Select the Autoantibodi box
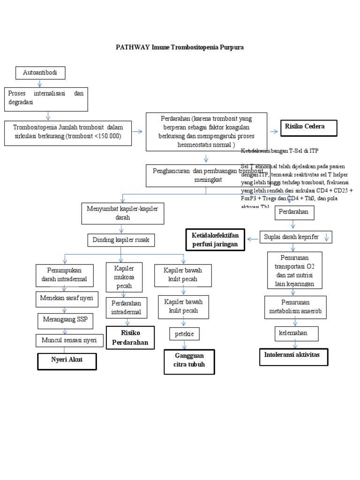click(x=40, y=73)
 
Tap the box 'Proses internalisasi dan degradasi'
click(x=46, y=99)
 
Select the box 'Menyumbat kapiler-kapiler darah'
click(x=122, y=212)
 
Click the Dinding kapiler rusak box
click(x=121, y=240)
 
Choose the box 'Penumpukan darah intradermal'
click(x=64, y=275)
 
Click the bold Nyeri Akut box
click(x=67, y=360)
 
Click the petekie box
click(x=185, y=334)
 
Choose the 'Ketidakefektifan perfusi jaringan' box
click(x=215, y=239)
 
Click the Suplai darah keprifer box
click(x=296, y=237)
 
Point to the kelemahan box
click(x=296, y=334)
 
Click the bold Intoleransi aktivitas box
click(x=294, y=356)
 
